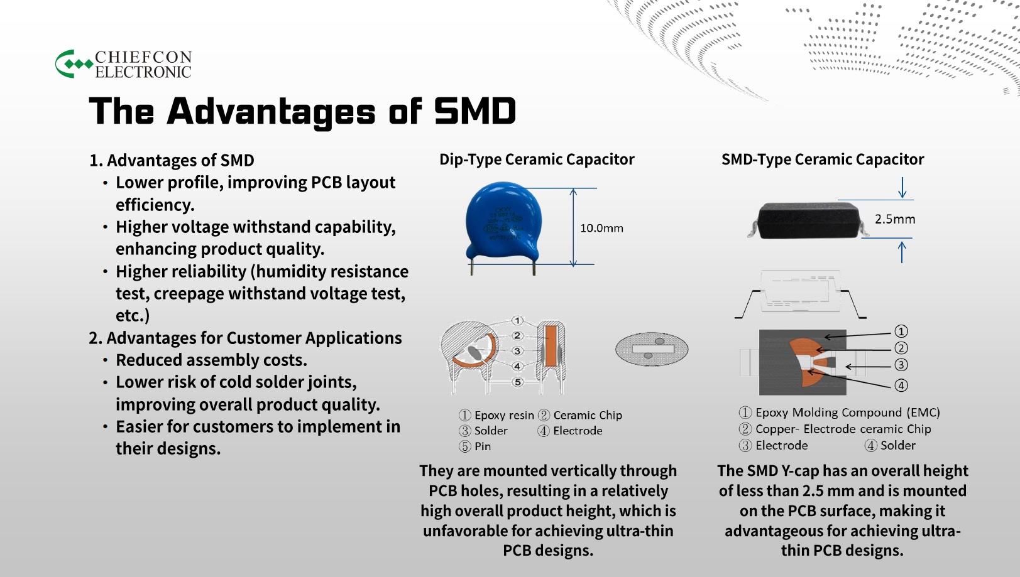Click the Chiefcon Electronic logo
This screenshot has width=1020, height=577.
coord(123,63)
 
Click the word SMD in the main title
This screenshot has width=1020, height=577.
coord(475,111)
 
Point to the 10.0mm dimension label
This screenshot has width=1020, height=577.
coord(601,228)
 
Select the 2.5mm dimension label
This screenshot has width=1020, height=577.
coord(895,219)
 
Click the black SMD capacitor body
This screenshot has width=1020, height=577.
coord(808,220)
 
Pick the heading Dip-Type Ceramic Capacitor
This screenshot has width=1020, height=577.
coord(537,159)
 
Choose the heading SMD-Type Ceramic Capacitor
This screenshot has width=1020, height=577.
coord(823,159)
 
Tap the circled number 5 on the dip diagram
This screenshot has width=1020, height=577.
coord(517,382)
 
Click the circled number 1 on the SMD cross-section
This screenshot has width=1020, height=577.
coord(901,331)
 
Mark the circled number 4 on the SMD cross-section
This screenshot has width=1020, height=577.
coord(901,386)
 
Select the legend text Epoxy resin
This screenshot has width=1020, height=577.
coord(504,415)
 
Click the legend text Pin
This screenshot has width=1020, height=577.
coord(483,446)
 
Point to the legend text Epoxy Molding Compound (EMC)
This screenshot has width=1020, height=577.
coord(847,413)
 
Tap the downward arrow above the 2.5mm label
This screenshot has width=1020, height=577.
coord(902,188)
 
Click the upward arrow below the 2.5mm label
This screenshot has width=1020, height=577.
coord(902,252)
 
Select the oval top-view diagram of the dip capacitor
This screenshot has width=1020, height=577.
coord(652,349)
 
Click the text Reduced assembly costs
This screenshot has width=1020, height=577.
coord(211,360)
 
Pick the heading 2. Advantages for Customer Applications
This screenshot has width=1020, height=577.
coord(246,338)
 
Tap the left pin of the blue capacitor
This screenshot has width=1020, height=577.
coord(472,269)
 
